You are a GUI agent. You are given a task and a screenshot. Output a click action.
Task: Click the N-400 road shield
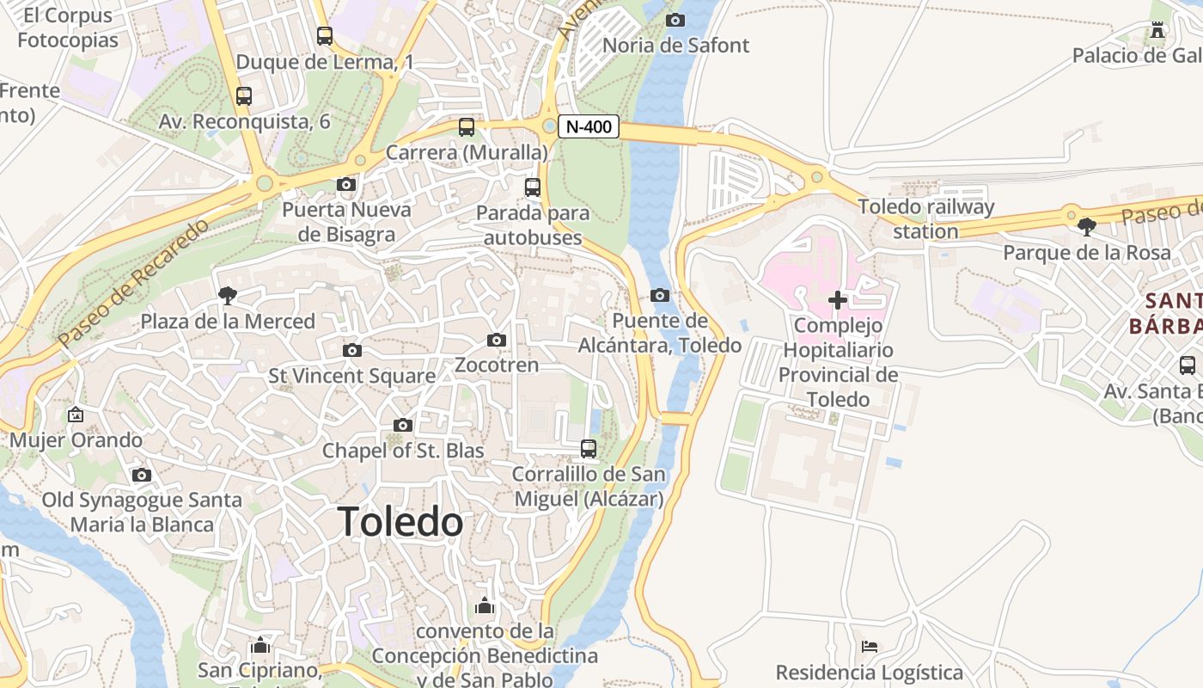[x=589, y=127]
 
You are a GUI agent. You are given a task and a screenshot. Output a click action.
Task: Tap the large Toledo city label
[x=400, y=522]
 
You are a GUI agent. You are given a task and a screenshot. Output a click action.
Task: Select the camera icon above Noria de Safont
[x=676, y=20]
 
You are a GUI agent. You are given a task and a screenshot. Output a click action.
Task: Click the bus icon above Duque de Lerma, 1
[x=324, y=36]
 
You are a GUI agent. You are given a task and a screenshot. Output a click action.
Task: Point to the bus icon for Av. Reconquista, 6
[x=244, y=96]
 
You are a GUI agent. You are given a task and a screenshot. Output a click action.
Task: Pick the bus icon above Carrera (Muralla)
[x=467, y=127]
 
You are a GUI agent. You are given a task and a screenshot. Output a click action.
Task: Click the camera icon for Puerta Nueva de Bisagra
[x=346, y=184]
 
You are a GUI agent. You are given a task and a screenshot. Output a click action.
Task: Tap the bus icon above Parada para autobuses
[x=533, y=187]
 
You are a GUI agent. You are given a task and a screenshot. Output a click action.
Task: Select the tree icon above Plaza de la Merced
[x=228, y=296]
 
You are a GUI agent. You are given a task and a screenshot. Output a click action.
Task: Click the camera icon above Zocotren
[x=496, y=341]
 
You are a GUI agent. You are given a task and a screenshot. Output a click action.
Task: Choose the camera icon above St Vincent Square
[x=351, y=350]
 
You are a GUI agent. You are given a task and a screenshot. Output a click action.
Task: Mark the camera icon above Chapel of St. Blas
[x=402, y=425]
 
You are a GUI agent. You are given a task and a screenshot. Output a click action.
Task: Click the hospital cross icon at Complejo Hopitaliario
[x=838, y=300]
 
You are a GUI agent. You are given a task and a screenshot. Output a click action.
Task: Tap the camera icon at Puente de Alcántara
[x=660, y=295]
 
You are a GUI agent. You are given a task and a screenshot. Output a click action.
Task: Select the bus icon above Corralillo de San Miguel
[x=589, y=448]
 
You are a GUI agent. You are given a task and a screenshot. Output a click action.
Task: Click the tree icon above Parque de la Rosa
[x=1086, y=227]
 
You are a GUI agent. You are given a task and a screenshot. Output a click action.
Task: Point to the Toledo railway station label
[x=925, y=218]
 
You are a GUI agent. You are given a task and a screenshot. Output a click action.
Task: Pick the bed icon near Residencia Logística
[x=870, y=646]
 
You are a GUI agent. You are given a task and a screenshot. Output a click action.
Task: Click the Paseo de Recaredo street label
[x=134, y=284]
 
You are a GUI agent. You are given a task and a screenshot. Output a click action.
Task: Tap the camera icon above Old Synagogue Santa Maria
[x=142, y=475]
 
